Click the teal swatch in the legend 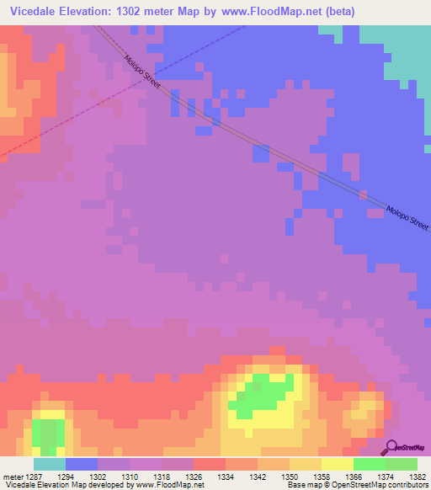[49, 464]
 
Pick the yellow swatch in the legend [337, 464]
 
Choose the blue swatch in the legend [81, 464]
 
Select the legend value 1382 [417, 476]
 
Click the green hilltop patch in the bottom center [260, 393]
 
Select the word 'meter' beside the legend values [13, 476]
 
